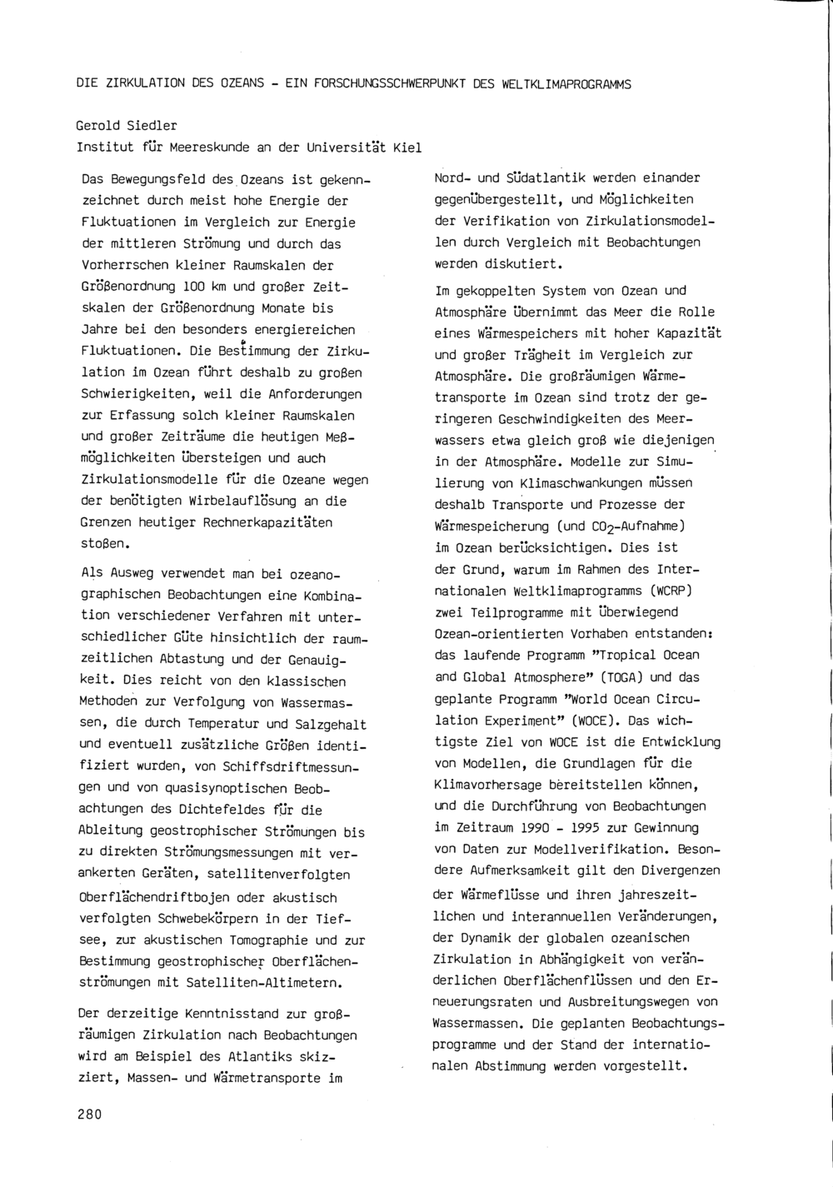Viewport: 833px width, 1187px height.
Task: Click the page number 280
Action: coord(89,1115)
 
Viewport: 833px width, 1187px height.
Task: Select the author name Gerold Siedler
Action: coord(127,126)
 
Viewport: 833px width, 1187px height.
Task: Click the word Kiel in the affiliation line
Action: coord(407,147)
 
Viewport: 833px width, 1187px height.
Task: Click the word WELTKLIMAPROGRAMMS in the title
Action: coord(566,84)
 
